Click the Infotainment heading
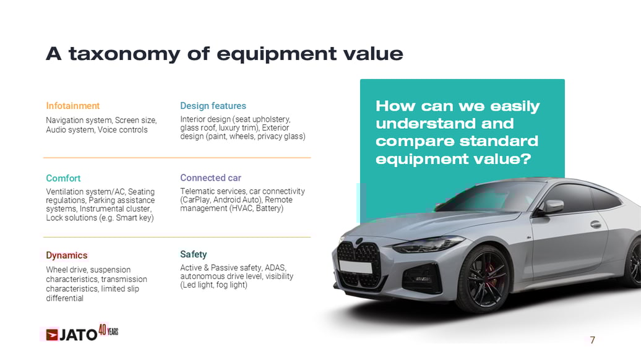72,106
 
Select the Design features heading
213,106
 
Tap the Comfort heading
63,178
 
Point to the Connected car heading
210,178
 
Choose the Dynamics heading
67,255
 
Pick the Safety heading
193,254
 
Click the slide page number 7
592,340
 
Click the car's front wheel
483,278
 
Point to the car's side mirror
553,207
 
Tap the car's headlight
427,245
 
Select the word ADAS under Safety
275,268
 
